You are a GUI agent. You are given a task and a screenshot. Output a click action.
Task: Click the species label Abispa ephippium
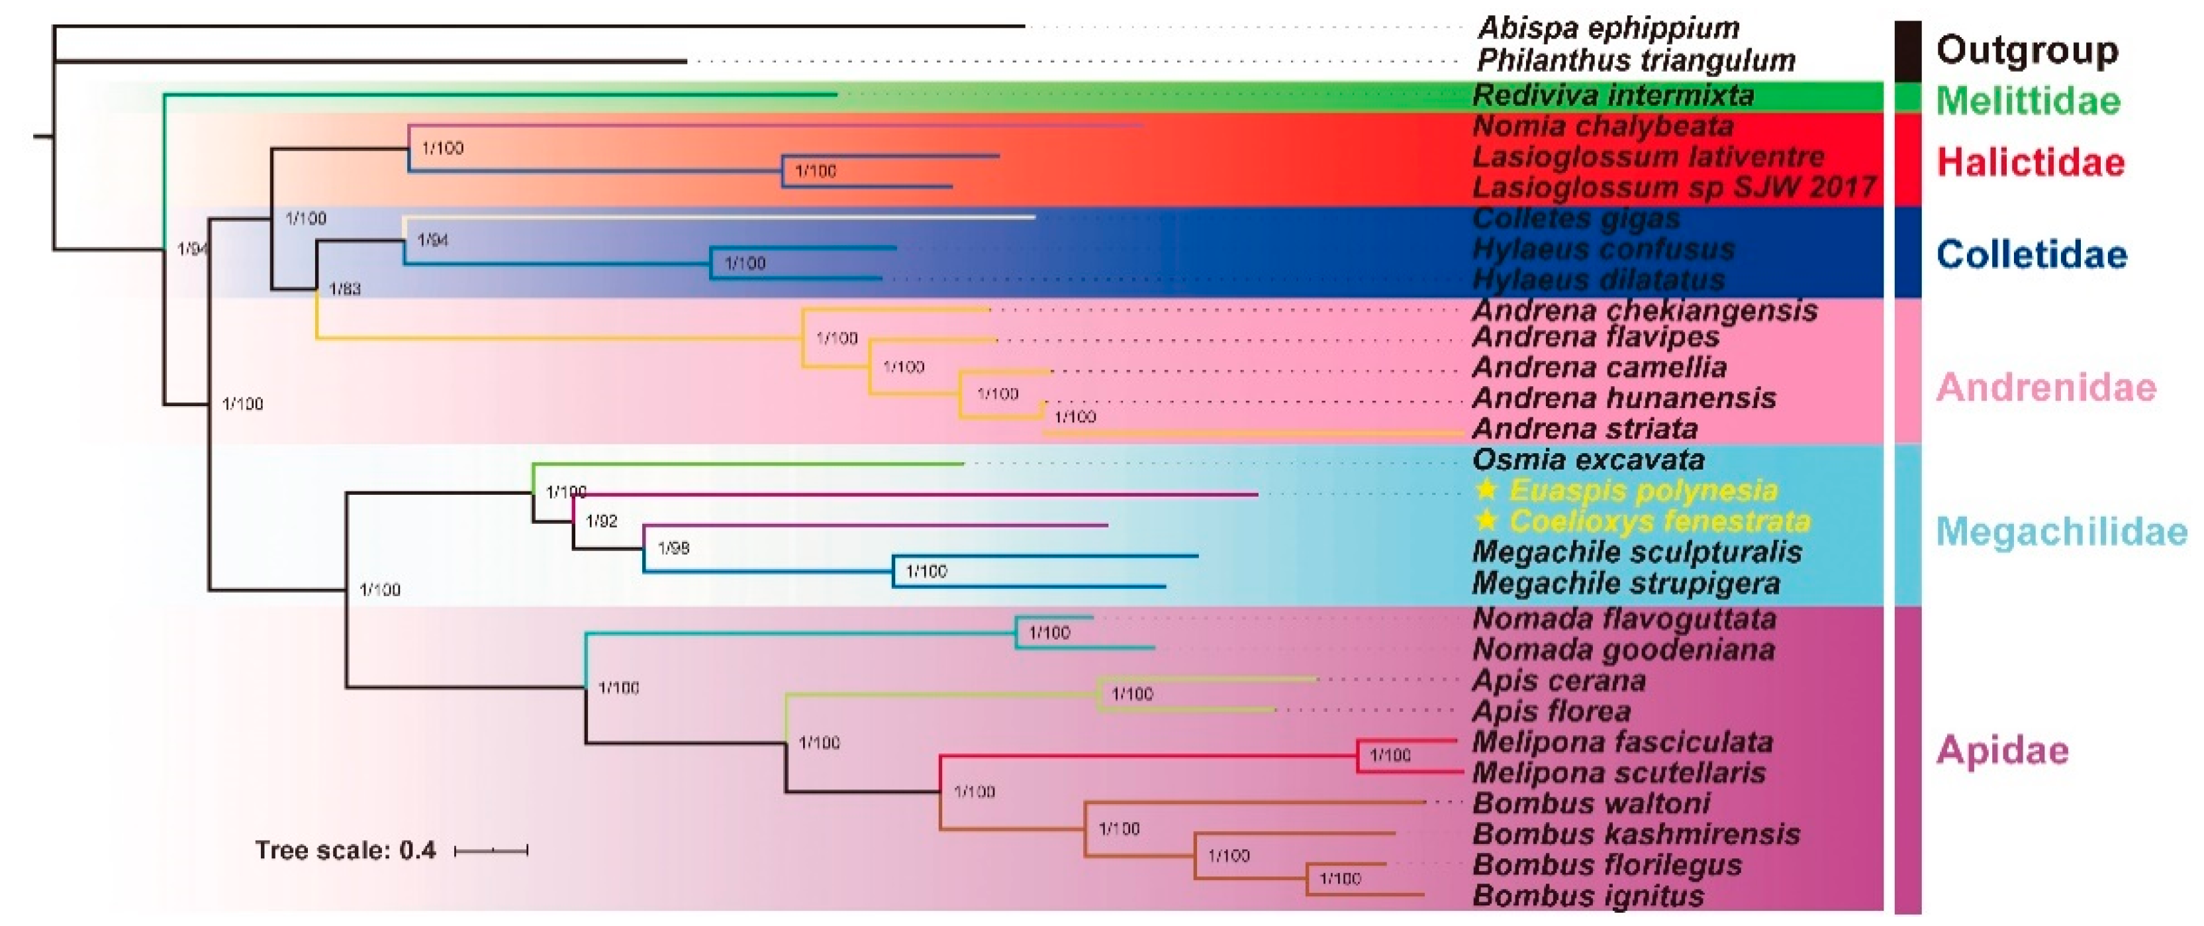click(1609, 28)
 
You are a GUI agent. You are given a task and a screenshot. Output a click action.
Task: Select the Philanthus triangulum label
click(1635, 61)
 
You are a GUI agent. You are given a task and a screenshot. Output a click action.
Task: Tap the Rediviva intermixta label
click(1613, 95)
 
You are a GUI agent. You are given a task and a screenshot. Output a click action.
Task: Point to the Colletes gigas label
click(1576, 218)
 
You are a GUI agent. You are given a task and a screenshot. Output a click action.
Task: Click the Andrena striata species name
click(1584, 428)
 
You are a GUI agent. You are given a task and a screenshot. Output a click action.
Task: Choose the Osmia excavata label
click(1588, 460)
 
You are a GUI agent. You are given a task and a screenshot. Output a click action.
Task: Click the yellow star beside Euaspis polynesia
click(1487, 489)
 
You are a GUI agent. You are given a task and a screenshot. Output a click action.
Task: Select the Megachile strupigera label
click(1625, 584)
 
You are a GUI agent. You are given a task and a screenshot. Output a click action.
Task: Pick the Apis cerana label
click(1559, 681)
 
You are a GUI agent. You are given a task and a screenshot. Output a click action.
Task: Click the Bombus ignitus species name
click(1588, 896)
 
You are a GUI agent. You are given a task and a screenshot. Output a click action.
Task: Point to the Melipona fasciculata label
click(1622, 742)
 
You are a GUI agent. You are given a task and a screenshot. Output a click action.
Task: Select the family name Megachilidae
click(2061, 533)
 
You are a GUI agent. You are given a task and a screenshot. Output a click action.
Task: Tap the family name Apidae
click(2003, 750)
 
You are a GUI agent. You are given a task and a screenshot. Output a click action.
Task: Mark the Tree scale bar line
click(491, 850)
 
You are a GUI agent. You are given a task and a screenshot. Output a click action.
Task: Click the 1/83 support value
click(345, 289)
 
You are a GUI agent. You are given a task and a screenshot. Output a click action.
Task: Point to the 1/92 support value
click(601, 521)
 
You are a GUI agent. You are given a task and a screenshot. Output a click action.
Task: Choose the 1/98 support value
click(673, 548)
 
